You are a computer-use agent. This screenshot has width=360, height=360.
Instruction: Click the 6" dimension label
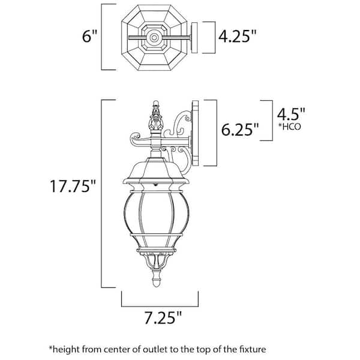[x=89, y=36]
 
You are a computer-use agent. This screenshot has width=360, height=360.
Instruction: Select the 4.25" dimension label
[x=237, y=36]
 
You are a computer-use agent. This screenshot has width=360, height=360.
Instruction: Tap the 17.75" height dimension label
[x=73, y=186]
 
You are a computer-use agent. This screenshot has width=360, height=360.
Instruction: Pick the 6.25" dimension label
[x=240, y=129]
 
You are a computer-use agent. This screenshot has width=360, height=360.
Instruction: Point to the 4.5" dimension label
[x=291, y=114]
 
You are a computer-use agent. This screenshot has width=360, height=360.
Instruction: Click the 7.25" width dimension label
[x=163, y=318]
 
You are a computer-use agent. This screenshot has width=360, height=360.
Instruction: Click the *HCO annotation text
[x=290, y=127]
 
